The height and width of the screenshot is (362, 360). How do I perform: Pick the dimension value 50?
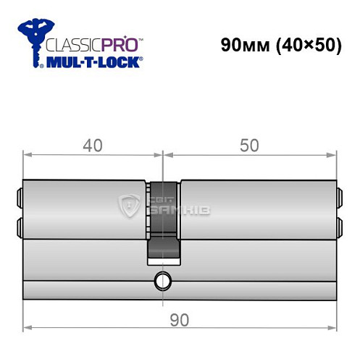[249, 146]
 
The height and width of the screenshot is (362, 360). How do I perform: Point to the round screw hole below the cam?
[161, 279]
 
